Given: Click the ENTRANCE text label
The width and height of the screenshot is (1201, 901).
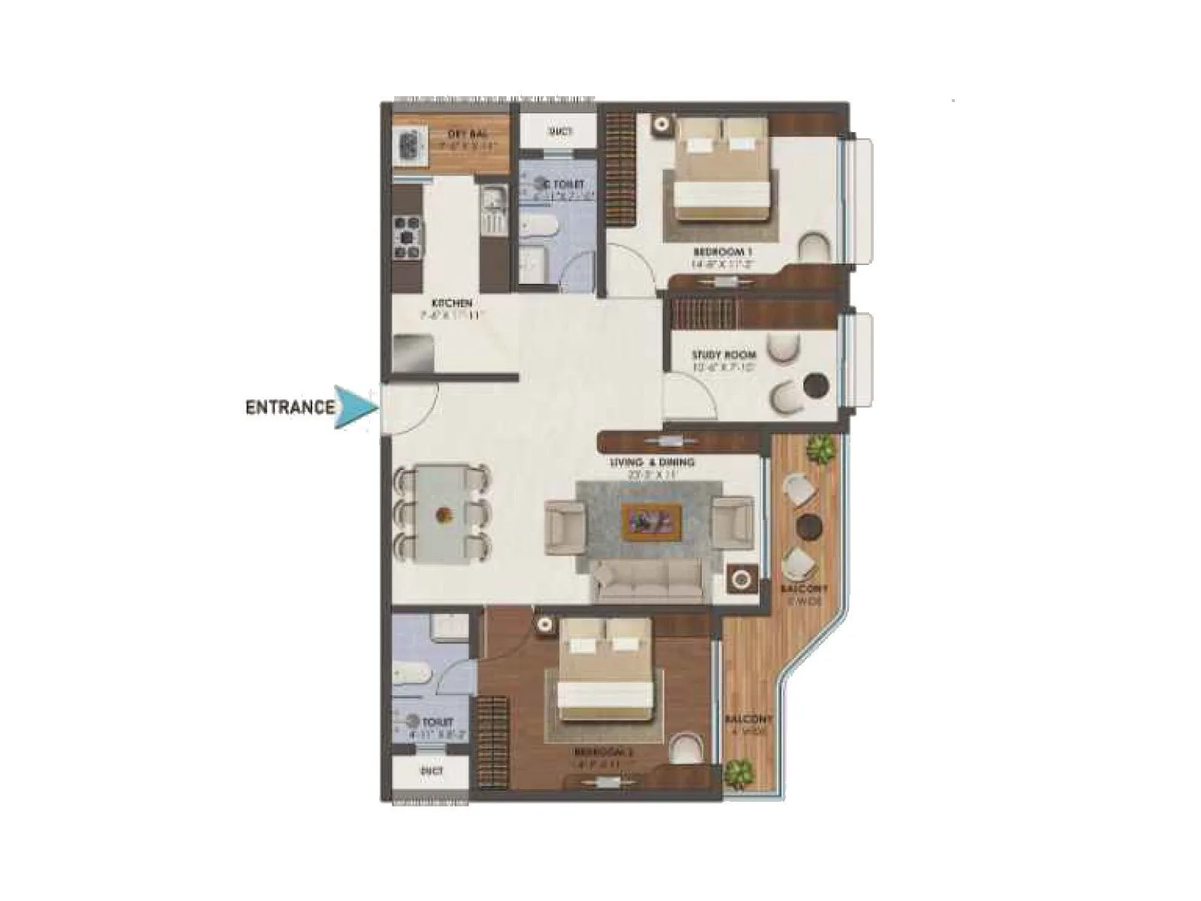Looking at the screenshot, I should (x=290, y=408).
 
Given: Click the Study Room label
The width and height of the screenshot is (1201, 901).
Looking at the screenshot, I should (x=724, y=355).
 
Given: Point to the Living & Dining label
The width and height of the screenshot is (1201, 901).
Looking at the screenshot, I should (x=652, y=463).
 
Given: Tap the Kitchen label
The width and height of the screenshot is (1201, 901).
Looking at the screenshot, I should (x=451, y=303).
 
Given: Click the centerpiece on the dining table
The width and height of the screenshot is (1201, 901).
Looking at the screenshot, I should (x=443, y=516).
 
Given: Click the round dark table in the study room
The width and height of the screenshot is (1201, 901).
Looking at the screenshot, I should (x=814, y=386).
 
